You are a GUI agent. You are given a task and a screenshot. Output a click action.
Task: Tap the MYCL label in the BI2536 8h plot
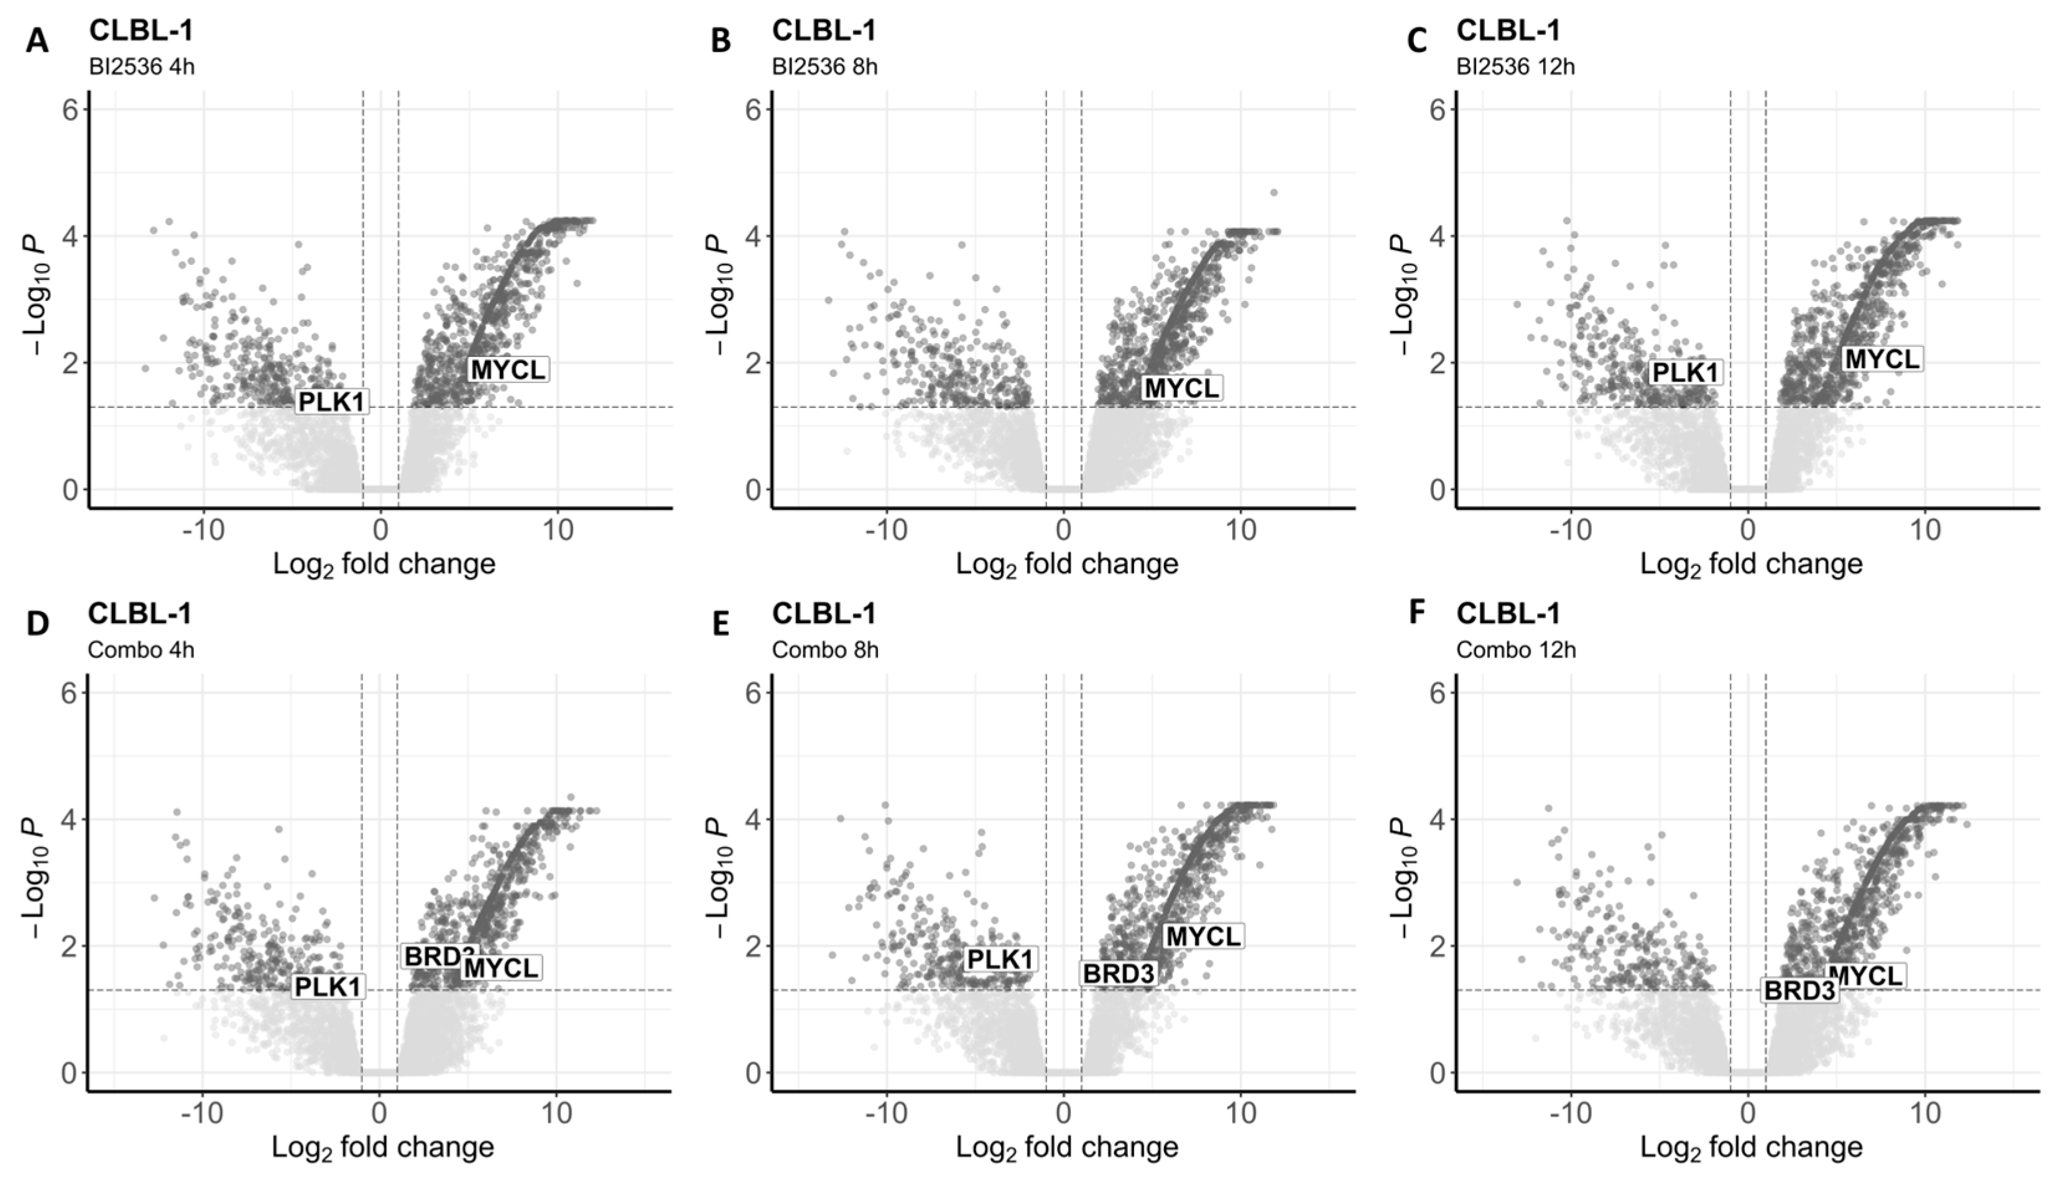[1182, 387]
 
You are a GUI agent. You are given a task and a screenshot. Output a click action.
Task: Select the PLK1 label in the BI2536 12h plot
[1685, 372]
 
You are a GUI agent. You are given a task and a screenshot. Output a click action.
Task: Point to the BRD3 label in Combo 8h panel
[1119, 973]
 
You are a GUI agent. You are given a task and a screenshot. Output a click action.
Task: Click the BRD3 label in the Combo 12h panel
[1799, 991]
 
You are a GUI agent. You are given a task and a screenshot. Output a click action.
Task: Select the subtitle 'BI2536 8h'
[824, 67]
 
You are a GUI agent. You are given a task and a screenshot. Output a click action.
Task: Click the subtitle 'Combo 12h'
[1516, 650]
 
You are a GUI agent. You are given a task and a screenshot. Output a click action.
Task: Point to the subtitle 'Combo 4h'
[141, 650]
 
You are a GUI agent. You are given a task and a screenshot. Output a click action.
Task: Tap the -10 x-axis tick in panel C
[1569, 530]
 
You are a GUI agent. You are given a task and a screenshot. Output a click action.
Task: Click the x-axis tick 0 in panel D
[379, 1113]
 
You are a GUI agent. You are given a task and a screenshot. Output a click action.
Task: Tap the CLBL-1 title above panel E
[824, 613]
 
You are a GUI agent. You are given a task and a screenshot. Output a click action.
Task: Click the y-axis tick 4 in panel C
[1439, 236]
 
